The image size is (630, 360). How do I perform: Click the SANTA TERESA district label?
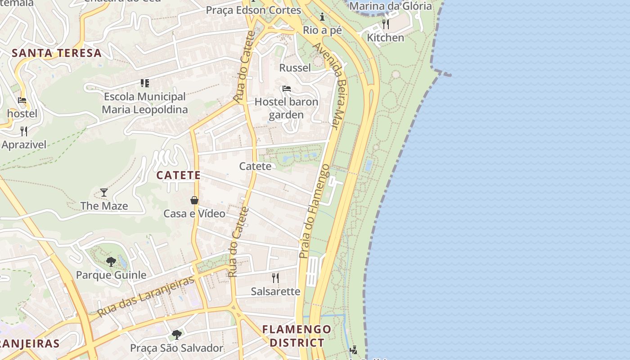tap(57, 53)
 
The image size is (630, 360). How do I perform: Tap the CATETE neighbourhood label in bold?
tap(178, 175)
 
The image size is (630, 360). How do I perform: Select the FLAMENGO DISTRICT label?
tap(297, 336)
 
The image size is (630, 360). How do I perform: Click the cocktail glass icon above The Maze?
tap(104, 193)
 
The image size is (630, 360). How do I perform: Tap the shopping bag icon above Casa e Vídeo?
tap(194, 200)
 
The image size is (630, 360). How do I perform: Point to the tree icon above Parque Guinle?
tap(111, 261)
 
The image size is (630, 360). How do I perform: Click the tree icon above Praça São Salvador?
tap(176, 334)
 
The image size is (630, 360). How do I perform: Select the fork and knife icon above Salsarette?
tap(275, 278)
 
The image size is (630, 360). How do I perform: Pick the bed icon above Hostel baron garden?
tap(286, 89)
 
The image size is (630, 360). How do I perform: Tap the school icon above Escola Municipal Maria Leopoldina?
tap(144, 83)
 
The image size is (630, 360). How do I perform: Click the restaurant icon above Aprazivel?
tap(24, 131)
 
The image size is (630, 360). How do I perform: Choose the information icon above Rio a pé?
tap(322, 18)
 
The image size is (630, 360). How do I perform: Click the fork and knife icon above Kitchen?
tap(386, 24)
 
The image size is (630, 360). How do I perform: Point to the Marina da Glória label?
tap(391, 6)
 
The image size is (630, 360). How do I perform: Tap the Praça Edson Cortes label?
tap(253, 10)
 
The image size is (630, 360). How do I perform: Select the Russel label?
tap(295, 68)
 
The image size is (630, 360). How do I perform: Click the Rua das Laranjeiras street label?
tap(146, 296)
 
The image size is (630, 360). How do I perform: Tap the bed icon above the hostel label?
tap(22, 100)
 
